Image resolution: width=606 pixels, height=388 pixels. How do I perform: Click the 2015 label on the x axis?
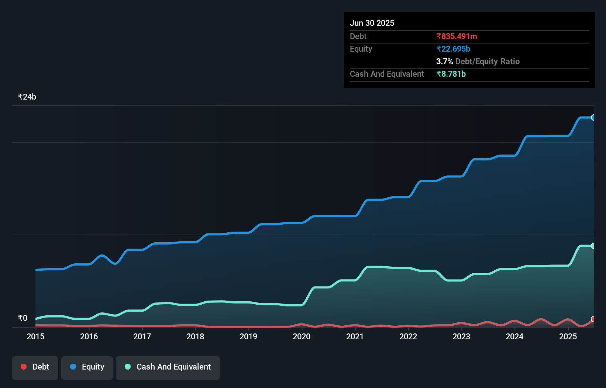click(35, 336)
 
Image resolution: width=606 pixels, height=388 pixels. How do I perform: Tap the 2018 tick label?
click(195, 336)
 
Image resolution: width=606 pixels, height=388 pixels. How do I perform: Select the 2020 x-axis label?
click(302, 336)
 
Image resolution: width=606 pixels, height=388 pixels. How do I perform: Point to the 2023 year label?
click(461, 336)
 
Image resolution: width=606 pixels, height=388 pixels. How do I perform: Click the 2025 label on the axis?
click(568, 336)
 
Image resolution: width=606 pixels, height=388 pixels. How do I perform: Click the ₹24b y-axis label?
click(27, 97)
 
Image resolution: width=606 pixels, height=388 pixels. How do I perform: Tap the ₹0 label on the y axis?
click(23, 318)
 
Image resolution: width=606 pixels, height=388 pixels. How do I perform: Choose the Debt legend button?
click(35, 367)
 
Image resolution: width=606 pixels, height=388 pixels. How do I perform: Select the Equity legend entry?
click(87, 367)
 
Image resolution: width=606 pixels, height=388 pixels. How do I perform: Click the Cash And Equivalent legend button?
click(168, 367)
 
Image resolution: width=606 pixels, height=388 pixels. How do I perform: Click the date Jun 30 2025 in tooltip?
click(372, 23)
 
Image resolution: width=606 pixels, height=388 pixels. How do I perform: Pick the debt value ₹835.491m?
click(457, 36)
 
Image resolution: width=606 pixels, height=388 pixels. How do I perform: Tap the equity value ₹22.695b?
click(453, 49)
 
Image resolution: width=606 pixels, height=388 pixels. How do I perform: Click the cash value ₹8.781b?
click(451, 74)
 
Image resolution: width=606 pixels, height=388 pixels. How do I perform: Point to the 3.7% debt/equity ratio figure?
click(444, 61)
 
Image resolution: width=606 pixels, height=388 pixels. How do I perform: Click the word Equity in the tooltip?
click(361, 49)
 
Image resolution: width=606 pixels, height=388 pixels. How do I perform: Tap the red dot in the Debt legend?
click(24, 367)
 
